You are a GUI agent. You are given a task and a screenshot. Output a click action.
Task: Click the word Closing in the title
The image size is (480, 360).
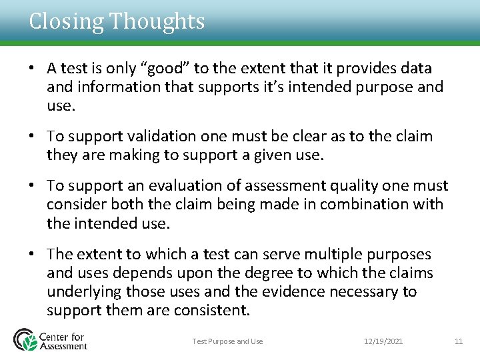tap(66, 22)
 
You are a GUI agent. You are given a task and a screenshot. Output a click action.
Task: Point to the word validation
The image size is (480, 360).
tap(149, 137)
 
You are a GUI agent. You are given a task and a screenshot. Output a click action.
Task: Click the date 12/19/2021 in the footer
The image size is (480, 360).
tap(383, 341)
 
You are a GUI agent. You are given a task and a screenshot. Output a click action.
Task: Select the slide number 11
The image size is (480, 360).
tap(458, 341)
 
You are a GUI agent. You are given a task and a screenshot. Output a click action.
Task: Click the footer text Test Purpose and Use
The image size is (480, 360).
tap(227, 341)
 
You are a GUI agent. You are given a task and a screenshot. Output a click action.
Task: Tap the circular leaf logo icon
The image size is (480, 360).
tap(25, 339)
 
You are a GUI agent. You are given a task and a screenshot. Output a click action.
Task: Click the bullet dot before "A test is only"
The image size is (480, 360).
tap(31, 69)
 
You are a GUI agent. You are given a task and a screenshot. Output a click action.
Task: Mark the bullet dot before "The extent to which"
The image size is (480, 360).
tap(31, 255)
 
